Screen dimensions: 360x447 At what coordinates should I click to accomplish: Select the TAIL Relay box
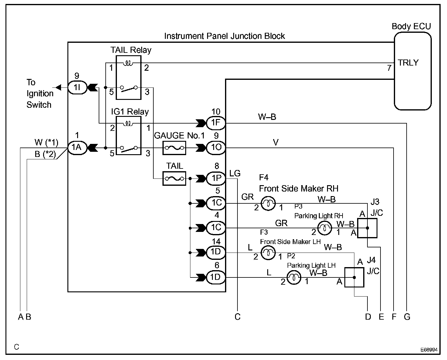tap(128, 77)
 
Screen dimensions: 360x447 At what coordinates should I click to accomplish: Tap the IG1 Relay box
tap(129, 135)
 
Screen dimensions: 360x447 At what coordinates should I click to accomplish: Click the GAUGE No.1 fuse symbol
tap(174, 148)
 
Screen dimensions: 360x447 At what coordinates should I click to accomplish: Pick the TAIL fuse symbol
tap(174, 178)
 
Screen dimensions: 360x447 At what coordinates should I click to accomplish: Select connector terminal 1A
tap(77, 148)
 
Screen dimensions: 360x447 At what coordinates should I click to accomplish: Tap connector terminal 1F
tap(216, 123)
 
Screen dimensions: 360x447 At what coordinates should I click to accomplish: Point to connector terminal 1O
tap(216, 148)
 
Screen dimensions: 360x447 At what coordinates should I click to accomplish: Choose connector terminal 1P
tap(216, 178)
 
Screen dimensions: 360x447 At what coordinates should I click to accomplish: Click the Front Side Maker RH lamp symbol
tap(268, 203)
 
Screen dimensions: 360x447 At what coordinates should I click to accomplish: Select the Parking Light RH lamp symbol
tap(325, 228)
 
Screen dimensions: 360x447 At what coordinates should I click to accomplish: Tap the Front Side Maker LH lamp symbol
tap(268, 253)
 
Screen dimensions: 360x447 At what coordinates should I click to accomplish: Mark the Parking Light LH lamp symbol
tap(294, 277)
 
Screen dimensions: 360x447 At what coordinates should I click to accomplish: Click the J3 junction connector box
tap(367, 228)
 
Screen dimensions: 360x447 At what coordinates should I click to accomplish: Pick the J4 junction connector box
tap(354, 277)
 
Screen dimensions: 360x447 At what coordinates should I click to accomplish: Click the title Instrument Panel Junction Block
tap(224, 36)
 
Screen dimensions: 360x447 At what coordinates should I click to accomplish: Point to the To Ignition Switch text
tap(39, 93)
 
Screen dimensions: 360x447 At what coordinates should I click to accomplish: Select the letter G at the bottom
tap(407, 317)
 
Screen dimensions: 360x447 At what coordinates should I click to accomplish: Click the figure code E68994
tap(429, 350)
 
